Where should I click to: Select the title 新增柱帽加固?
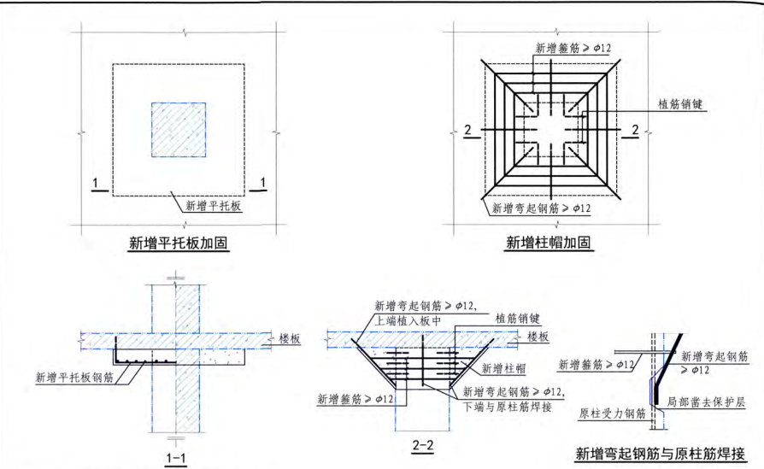[x=547, y=243]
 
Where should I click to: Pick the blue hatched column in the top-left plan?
[x=178, y=130]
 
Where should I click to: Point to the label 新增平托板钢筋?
[x=74, y=377]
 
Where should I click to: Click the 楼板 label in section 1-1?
[x=291, y=338]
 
